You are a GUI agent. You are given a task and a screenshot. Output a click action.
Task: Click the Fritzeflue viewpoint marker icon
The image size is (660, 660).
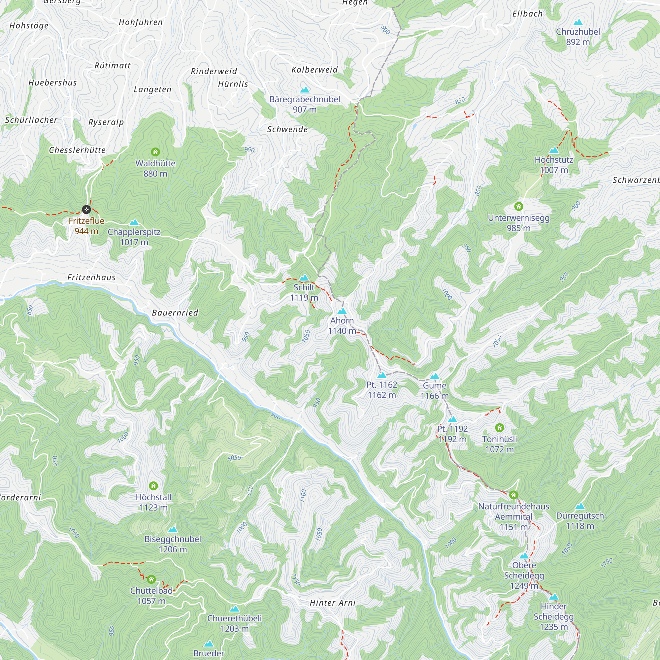tap(86, 210)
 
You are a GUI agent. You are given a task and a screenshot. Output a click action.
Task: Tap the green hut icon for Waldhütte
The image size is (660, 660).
tap(155, 152)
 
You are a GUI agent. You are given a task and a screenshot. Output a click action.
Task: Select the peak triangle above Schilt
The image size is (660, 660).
tap(304, 278)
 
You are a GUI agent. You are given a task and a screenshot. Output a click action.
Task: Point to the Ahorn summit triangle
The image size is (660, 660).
tap(342, 311)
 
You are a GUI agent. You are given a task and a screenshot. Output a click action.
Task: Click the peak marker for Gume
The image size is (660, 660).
tap(435, 376)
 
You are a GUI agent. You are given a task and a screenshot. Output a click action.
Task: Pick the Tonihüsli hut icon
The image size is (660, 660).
tap(499, 427)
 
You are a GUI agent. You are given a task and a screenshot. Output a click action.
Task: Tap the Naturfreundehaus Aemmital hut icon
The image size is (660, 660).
tap(513, 495)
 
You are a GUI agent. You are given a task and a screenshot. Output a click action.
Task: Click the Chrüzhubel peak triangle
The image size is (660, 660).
tap(578, 22)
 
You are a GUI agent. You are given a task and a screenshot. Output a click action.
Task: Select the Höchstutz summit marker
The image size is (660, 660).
tap(554, 150)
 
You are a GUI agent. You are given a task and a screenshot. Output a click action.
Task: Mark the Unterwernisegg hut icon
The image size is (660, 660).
tap(518, 206)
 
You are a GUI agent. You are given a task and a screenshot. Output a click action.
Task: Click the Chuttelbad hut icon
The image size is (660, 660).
tap(151, 579)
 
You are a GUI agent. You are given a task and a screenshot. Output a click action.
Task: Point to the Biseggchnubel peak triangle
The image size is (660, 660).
tap(173, 530)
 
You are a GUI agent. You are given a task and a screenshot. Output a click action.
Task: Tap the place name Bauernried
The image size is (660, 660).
tap(175, 313)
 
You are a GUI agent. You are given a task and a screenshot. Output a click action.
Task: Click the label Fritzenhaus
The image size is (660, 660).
tap(91, 278)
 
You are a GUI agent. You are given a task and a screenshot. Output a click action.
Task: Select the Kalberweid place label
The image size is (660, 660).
tap(314, 70)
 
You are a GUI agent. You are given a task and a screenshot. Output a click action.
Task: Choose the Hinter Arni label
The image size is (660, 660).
tap(332, 603)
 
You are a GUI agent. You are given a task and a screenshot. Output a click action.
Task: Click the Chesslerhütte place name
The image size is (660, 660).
tap(77, 150)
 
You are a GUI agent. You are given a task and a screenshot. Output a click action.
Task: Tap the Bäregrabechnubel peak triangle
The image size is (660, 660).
tap(305, 90)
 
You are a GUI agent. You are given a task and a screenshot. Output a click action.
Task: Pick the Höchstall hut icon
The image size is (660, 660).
tap(153, 485)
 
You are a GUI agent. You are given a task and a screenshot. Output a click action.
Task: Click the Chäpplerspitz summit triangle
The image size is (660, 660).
tap(134, 222)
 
